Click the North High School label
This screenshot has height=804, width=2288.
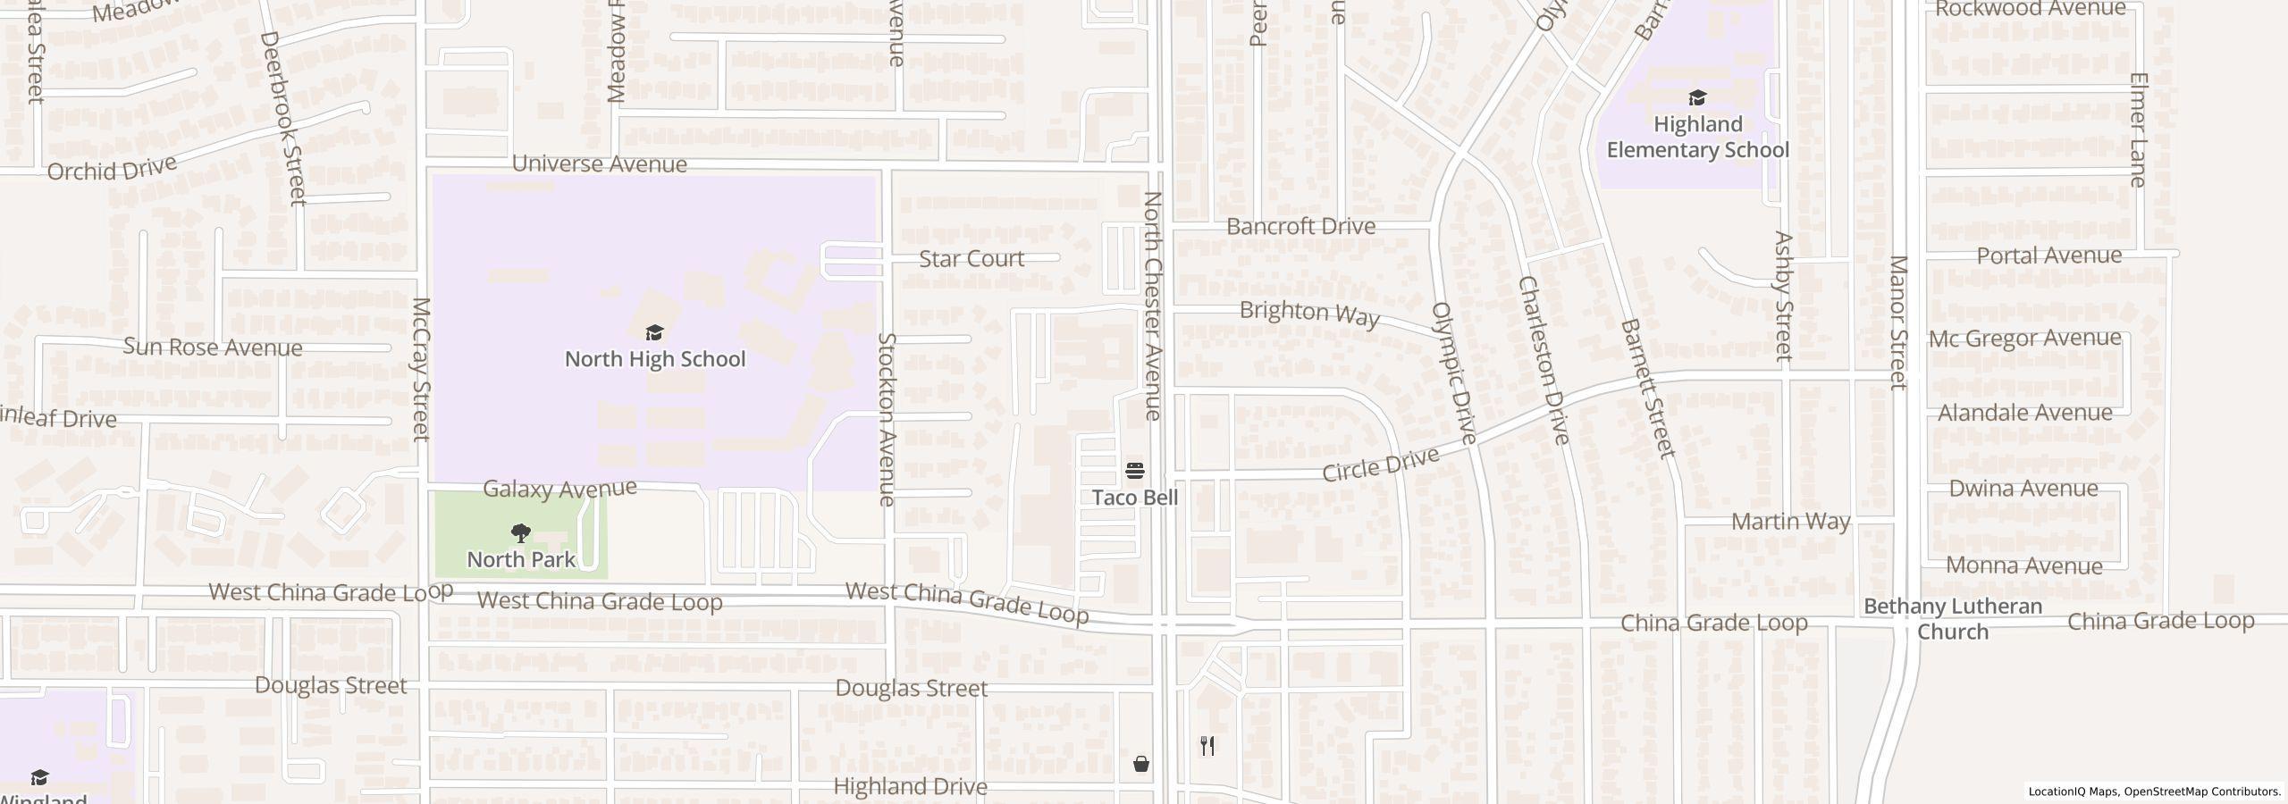pos(654,359)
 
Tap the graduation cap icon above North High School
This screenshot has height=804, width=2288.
pos(654,333)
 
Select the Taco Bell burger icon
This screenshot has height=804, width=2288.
pos(1135,470)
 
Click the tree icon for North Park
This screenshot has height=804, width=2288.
pos(520,534)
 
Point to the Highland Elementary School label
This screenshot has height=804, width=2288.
pos(1697,137)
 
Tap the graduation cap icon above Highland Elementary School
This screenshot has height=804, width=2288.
pos(1697,97)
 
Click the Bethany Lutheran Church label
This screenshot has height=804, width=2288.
pos(1953,618)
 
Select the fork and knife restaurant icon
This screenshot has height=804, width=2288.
pos(1207,746)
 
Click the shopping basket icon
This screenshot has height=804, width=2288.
pos(1141,764)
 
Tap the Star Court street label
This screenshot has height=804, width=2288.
pos(972,259)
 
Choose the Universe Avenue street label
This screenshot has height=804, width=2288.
pos(599,164)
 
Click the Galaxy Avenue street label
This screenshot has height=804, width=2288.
pos(559,489)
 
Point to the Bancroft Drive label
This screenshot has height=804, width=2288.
pos(1300,227)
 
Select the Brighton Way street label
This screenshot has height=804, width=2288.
pos(1309,313)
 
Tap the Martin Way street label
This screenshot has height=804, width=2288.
pos(1790,522)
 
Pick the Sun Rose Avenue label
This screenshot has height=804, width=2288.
pos(213,348)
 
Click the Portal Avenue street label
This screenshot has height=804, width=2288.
pos(2048,256)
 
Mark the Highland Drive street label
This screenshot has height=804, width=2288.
pos(910,787)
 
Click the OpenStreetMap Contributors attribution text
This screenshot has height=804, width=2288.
pos(2202,791)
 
